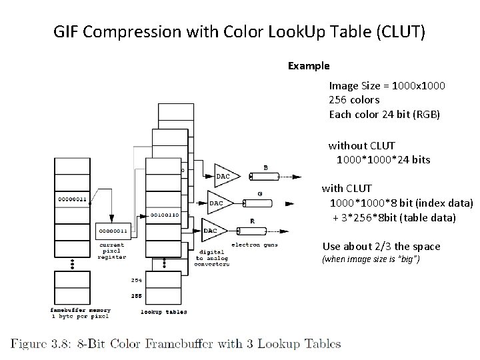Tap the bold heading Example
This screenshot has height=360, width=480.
pyautogui.click(x=308, y=66)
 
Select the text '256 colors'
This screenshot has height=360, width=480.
pyautogui.click(x=354, y=99)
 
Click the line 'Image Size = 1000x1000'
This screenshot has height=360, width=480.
pyautogui.click(x=387, y=85)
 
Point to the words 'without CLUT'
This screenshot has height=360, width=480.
pyautogui.click(x=361, y=145)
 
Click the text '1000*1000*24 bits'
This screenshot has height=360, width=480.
pyautogui.click(x=383, y=159)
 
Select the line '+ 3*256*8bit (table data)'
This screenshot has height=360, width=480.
pyautogui.click(x=394, y=217)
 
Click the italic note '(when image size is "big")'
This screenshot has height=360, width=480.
pyautogui.click(x=371, y=259)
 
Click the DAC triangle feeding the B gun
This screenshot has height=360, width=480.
pyautogui.click(x=223, y=175)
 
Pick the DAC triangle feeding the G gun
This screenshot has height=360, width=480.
pyautogui.click(x=217, y=202)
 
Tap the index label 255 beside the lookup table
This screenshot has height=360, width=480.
pyautogui.click(x=136, y=295)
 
